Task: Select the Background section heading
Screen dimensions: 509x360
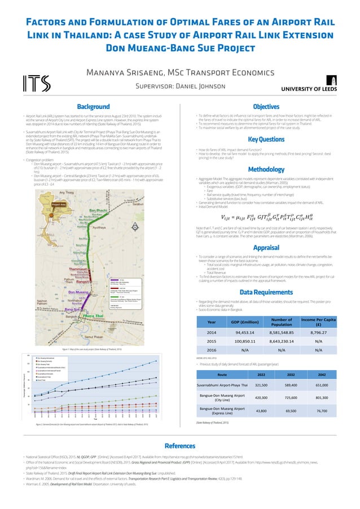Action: pos(93,106)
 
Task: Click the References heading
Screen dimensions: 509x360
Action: pos(179,445)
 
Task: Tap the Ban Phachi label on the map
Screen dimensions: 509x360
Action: pos(99,210)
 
